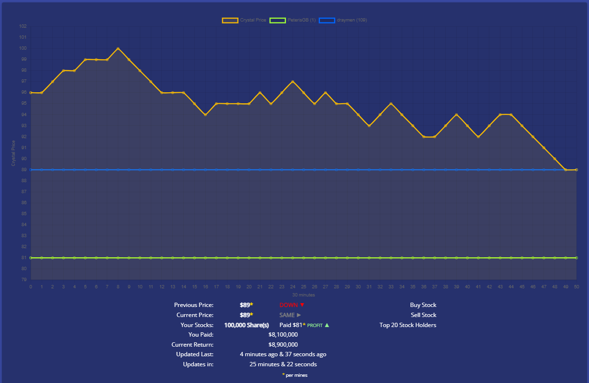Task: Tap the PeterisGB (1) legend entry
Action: [294, 20]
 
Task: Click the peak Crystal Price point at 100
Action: [118, 48]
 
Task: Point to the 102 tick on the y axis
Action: [23, 26]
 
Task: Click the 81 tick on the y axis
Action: [23, 258]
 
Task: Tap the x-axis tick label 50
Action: [577, 287]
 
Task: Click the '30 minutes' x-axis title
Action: [304, 295]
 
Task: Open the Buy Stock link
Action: [423, 305]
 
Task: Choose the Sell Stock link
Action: [423, 315]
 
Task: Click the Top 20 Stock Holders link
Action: [408, 325]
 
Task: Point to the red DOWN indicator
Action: [292, 305]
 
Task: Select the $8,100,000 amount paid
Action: [283, 335]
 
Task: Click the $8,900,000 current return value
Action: [283, 345]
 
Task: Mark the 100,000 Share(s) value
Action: [246, 325]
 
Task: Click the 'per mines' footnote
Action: [296, 375]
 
